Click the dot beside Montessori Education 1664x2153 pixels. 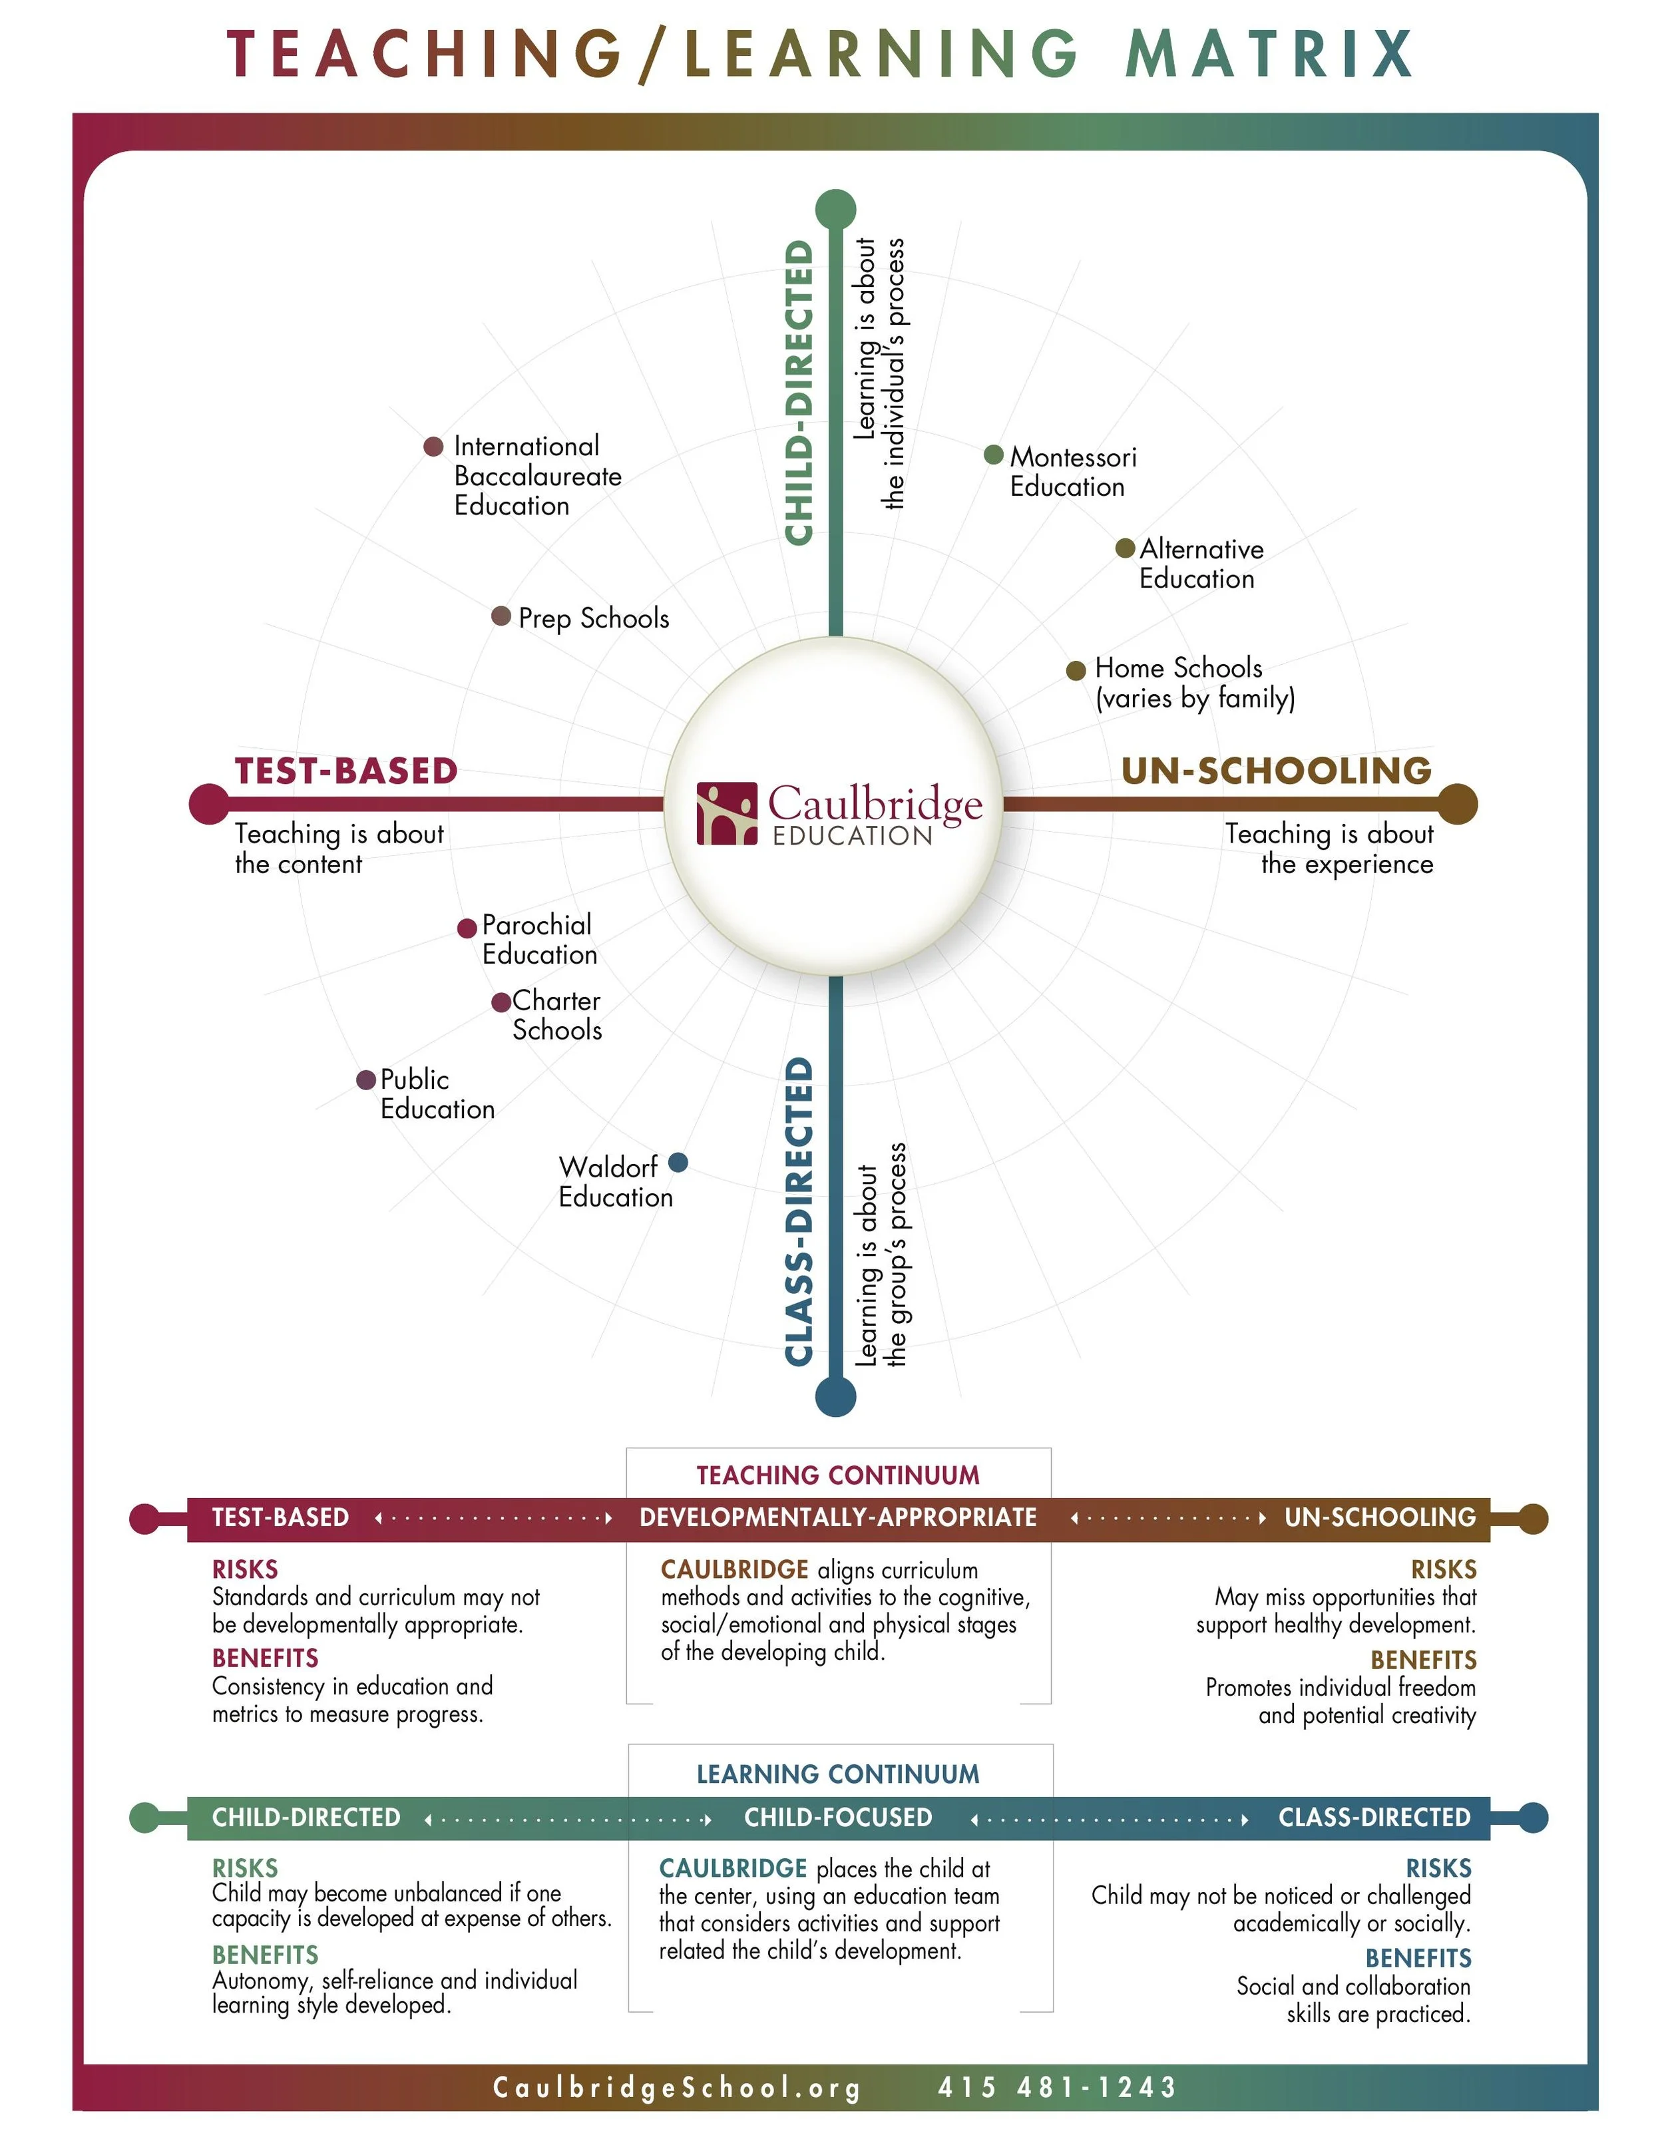[994, 455]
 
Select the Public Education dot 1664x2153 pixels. [365, 1079]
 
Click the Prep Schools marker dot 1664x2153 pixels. [501, 616]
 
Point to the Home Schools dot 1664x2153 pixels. [1076, 670]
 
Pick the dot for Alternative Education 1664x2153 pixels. [1125, 548]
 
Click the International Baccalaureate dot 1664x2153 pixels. [433, 447]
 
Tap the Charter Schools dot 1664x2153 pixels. [501, 1002]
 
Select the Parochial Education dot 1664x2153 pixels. [467, 928]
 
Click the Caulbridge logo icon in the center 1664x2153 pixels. [727, 813]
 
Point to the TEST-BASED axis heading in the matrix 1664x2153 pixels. [346, 771]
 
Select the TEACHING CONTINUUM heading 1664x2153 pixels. [838, 1475]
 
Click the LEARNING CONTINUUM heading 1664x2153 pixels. [838, 1774]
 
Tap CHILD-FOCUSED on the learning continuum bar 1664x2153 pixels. [838, 1817]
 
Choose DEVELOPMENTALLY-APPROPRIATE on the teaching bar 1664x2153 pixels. [838, 1517]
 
